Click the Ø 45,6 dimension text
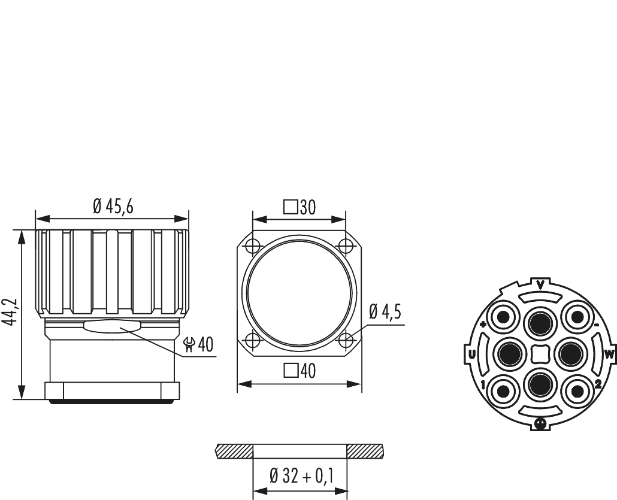coord(113,207)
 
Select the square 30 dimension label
coord(299,207)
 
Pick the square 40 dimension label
coord(299,371)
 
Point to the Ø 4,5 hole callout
coord(385,313)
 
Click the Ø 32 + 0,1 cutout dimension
coord(301,477)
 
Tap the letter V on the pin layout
coord(540,284)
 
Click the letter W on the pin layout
coord(609,354)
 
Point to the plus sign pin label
coord(483,324)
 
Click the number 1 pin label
coord(483,384)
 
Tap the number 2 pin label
coord(597,384)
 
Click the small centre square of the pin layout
coord(540,354)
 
